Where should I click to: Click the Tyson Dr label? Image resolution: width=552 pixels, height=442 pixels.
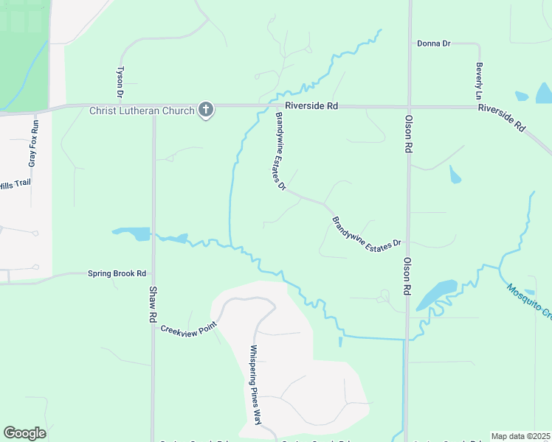tap(120, 82)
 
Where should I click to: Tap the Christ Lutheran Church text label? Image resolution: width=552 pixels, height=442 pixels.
tap(142, 111)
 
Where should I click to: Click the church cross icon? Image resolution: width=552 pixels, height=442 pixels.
tap(206, 110)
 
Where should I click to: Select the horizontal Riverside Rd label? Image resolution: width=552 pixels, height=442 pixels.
tap(312, 106)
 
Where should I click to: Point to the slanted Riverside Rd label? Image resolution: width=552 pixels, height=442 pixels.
tap(501, 117)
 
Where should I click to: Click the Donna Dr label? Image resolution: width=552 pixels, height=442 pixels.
tap(433, 43)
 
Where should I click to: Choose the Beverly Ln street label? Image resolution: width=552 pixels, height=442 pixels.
tap(479, 80)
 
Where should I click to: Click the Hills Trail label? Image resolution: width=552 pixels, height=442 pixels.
tap(14, 185)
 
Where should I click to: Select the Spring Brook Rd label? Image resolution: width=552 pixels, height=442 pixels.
tap(117, 273)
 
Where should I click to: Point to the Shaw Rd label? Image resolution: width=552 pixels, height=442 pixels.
tap(153, 302)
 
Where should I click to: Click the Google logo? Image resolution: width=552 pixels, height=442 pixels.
tap(24, 433)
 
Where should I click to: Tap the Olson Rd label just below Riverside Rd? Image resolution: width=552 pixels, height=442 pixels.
tap(408, 133)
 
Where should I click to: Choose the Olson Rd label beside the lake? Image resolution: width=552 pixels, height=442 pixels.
tap(407, 276)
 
